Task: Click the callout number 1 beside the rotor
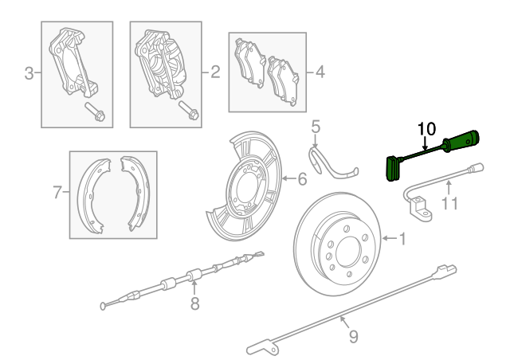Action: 402,237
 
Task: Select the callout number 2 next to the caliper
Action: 215,72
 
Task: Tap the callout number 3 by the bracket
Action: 29,74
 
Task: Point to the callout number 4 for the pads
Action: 320,72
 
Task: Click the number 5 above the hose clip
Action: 316,126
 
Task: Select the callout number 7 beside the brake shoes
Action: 57,192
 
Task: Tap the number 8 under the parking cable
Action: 194,303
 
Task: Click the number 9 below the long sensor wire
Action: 353,335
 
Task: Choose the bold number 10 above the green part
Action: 427,128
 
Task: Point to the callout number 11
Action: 451,203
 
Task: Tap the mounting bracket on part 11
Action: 420,211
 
